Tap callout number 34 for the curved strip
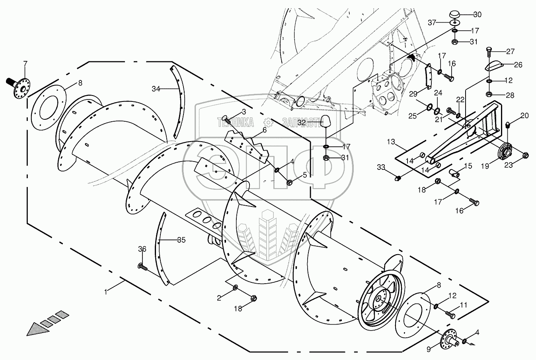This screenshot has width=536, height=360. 156,90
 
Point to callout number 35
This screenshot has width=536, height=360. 181,240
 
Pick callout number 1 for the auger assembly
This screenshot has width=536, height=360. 106,292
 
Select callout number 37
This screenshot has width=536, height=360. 433,22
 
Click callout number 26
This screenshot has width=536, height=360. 518,65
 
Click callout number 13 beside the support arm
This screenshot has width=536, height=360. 391,142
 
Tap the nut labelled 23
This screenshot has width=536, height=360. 524,155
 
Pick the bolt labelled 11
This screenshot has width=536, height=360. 451,315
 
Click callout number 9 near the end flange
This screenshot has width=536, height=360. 429,350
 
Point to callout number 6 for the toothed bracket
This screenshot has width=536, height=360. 264,130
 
